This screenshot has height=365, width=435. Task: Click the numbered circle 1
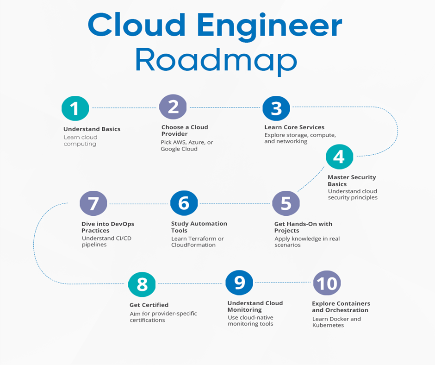pyautogui.click(x=75, y=108)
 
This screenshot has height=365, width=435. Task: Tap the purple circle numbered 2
pyautogui.click(x=173, y=107)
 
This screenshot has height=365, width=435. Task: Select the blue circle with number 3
pyautogui.click(x=276, y=108)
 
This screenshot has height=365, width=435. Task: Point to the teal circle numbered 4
pyautogui.click(x=339, y=157)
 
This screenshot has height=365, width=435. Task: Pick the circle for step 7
pyautogui.click(x=93, y=203)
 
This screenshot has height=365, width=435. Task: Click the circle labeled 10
pyautogui.click(x=327, y=283)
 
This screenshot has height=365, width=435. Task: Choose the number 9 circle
pyautogui.click(x=239, y=282)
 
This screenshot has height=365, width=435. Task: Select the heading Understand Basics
pyautogui.click(x=92, y=129)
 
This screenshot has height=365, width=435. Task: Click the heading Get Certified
pyautogui.click(x=149, y=305)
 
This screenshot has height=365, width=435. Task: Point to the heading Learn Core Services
pyautogui.click(x=294, y=127)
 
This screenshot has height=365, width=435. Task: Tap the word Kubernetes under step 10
pyautogui.click(x=328, y=326)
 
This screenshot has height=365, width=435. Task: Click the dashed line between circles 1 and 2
pyautogui.click(x=124, y=107)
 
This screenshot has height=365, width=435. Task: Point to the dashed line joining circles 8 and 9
pyautogui.click(x=190, y=283)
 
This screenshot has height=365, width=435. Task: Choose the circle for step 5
pyautogui.click(x=286, y=203)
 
